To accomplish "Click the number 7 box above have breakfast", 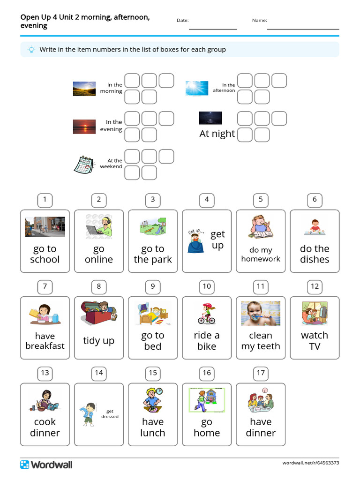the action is (45, 286).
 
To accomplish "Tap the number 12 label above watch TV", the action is (315, 286).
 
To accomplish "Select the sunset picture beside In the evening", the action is (84, 126).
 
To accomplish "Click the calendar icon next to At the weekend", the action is (84, 164).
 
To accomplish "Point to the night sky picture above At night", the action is (210, 118).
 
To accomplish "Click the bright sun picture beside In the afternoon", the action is (196, 88).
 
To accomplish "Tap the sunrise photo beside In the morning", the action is (84, 89).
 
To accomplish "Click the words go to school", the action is (45, 254).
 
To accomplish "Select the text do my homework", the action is (261, 255).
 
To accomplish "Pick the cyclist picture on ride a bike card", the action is (207, 314).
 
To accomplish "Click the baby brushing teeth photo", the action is (261, 313).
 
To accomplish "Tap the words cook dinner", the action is (45, 427).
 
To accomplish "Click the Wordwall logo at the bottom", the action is (46, 465).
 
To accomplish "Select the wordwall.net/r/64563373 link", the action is (310, 463).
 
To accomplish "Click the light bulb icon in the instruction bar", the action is (31, 49).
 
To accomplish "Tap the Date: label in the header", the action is (182, 20).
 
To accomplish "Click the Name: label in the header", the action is (259, 20).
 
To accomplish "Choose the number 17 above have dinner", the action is (261, 373).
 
